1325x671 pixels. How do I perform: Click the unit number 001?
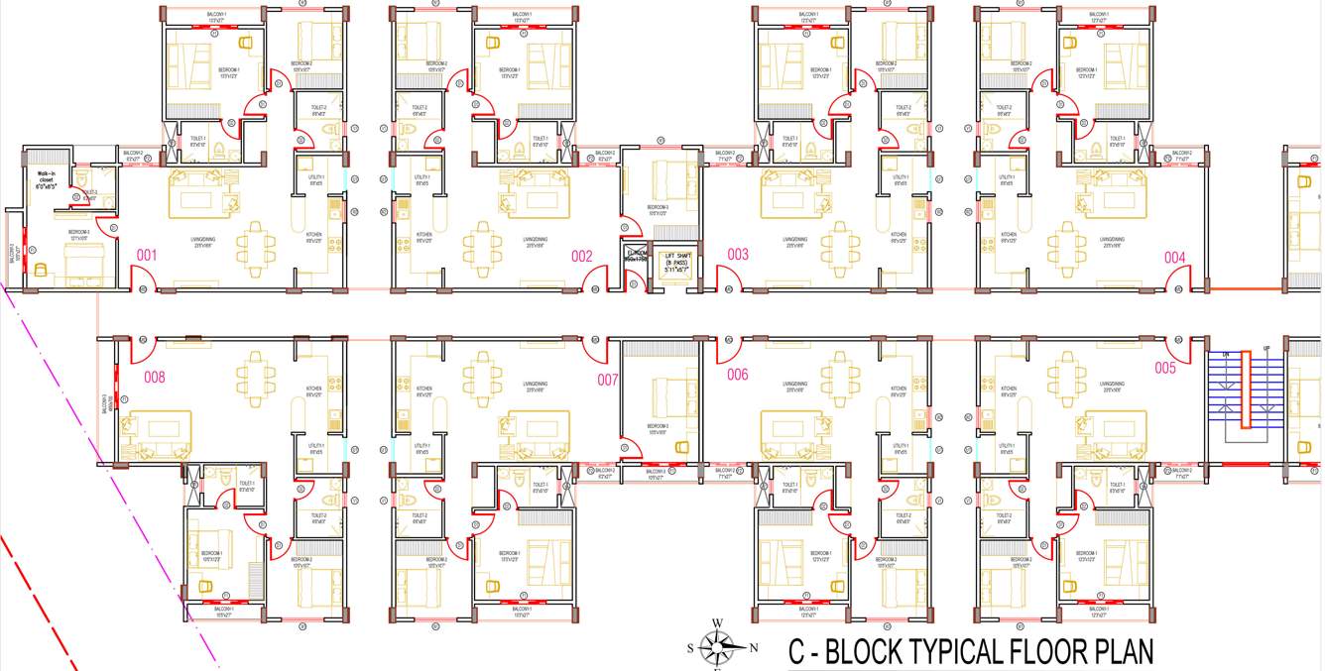click(147, 256)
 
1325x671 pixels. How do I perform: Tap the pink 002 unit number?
click(582, 256)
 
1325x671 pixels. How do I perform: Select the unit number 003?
click(738, 255)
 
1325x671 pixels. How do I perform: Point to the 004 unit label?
click(1175, 258)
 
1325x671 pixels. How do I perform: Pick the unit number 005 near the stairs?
click(1165, 368)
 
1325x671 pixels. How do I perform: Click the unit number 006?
click(738, 375)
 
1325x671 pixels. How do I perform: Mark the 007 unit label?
click(608, 379)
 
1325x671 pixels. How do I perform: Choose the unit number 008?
click(155, 377)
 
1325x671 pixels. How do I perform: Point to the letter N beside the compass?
click(753, 648)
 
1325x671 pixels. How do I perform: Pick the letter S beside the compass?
click(690, 648)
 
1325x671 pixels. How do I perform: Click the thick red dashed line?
click(40, 605)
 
